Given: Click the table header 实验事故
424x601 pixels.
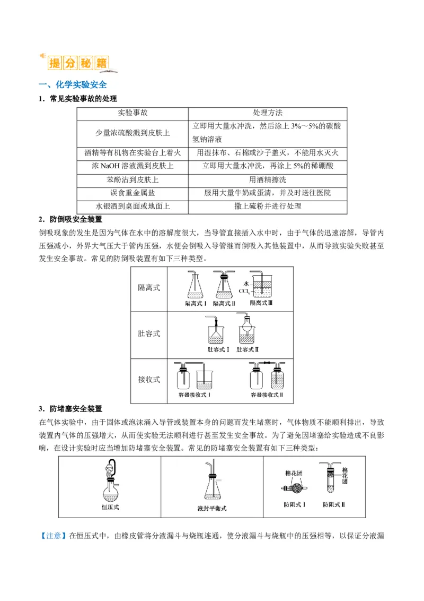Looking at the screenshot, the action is coord(132,113).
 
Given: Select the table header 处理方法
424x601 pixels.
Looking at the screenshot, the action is coord(268,113).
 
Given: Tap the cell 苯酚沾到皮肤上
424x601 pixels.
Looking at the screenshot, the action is coord(132,179).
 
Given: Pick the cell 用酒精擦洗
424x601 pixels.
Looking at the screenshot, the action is coord(268,179).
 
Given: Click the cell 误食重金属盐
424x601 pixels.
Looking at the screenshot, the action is coord(132,193).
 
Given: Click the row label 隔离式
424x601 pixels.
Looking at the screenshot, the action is coord(149,288).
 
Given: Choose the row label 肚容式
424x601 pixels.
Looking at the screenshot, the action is coord(149,334).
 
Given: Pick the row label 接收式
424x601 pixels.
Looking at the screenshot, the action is coord(149,380).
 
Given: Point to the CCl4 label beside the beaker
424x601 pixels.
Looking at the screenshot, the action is coord(244,291).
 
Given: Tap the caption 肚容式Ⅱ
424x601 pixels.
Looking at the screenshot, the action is coord(247,349).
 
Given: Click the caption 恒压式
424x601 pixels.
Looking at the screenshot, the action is coord(110,507).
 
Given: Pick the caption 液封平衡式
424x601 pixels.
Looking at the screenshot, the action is coord(211,508).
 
